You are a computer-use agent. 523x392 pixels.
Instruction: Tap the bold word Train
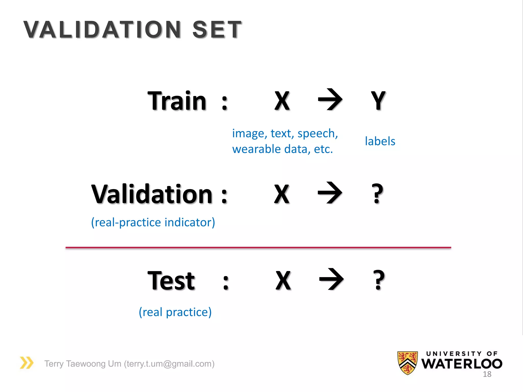click(x=177, y=101)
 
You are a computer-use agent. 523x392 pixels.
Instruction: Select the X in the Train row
click(x=282, y=101)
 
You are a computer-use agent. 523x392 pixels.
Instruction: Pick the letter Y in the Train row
click(x=378, y=101)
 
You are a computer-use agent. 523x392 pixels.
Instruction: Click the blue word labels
click(x=380, y=141)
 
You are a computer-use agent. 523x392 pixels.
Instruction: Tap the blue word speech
click(x=317, y=133)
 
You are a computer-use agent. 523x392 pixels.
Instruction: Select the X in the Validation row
click(x=282, y=194)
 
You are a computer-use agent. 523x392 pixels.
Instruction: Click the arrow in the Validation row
click(x=330, y=193)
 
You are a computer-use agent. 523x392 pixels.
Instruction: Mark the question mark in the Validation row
click(x=377, y=194)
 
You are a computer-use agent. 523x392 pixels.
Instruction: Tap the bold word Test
click(x=171, y=281)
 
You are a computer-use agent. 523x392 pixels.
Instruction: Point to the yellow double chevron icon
click(x=27, y=363)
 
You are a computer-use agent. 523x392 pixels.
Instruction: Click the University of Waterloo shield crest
click(x=407, y=363)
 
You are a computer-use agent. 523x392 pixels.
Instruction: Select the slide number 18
click(x=487, y=374)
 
